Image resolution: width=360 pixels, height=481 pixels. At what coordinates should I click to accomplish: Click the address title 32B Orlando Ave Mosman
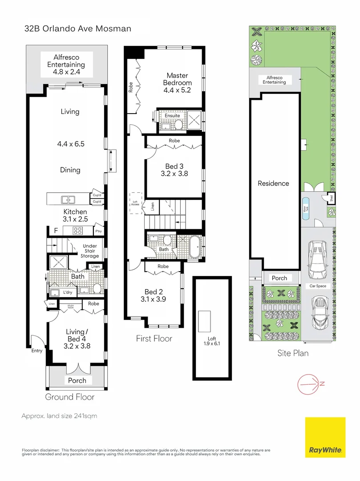pyautogui.click(x=77, y=29)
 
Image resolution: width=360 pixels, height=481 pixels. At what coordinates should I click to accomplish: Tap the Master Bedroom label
pyautogui.click(x=177, y=79)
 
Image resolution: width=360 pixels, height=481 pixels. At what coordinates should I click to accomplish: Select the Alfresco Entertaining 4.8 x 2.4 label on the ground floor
pyautogui.click(x=66, y=64)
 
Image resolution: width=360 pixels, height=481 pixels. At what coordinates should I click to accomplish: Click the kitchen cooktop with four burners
pyautogui.click(x=78, y=231)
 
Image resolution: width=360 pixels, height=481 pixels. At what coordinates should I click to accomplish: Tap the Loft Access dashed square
pyautogui.click(x=135, y=203)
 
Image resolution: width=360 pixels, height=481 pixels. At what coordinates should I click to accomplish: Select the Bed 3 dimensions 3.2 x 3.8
pyautogui.click(x=174, y=174)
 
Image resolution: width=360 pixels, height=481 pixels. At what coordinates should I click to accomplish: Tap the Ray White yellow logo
pyautogui.click(x=325, y=437)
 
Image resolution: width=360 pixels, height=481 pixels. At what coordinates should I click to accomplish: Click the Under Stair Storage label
pyautogui.click(x=89, y=251)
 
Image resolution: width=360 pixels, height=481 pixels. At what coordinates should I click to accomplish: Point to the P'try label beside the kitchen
pyautogui.click(x=98, y=232)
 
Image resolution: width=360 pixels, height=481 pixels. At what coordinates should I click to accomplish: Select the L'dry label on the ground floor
pyautogui.click(x=68, y=292)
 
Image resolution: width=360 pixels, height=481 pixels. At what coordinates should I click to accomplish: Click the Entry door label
pyautogui.click(x=36, y=351)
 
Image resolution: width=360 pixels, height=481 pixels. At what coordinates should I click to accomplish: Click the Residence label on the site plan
pyautogui.click(x=273, y=183)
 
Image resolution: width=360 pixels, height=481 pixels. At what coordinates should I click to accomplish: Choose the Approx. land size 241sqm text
pyautogui.click(x=59, y=416)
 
